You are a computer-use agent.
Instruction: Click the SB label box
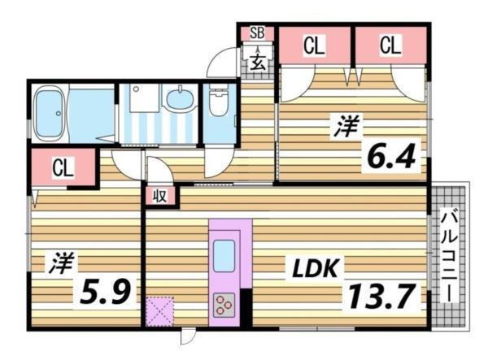tap(257, 33)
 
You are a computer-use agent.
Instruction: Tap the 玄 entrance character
tap(257, 59)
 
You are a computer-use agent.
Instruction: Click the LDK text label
tap(306, 267)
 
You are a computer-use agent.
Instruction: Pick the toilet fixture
tap(217, 106)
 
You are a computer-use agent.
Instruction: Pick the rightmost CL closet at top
tap(390, 47)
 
